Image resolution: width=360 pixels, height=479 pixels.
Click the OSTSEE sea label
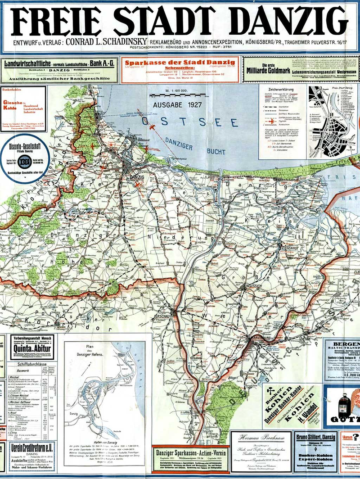[189, 122]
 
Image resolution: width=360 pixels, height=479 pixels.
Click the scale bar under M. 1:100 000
[177, 95]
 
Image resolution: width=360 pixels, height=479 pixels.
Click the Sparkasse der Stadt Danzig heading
[181, 63]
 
